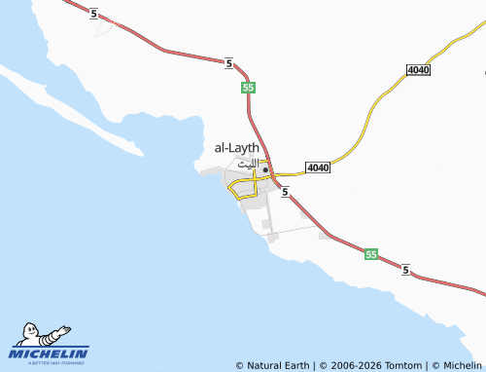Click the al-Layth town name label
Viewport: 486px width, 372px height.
(x=236, y=148)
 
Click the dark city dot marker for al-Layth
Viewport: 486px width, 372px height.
(x=265, y=168)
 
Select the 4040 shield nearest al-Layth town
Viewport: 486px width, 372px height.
(x=317, y=167)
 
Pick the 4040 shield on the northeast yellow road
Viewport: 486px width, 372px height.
(x=419, y=70)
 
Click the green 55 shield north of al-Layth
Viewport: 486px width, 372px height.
(x=249, y=88)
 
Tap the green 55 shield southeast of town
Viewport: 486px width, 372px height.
(x=371, y=254)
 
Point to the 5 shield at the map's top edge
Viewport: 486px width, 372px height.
(x=92, y=13)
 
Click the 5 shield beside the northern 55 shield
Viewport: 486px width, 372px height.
(x=228, y=63)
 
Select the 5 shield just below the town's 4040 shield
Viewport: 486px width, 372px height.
(x=286, y=193)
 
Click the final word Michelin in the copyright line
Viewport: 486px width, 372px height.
(x=462, y=365)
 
